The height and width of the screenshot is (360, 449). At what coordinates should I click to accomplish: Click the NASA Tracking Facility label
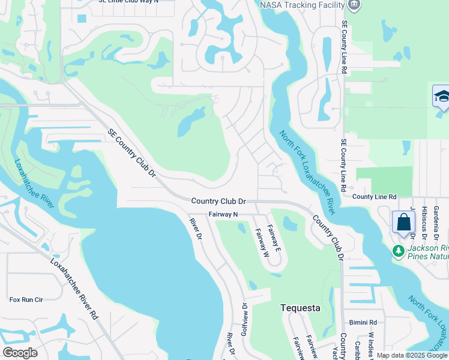(302, 5)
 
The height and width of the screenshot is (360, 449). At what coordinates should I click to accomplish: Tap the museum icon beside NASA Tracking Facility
(354, 5)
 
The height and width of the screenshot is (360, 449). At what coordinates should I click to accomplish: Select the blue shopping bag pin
(403, 222)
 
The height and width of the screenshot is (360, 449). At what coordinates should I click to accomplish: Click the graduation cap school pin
(442, 97)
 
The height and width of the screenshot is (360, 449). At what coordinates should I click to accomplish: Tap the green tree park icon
(399, 251)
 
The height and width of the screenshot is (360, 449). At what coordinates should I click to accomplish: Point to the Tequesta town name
(301, 308)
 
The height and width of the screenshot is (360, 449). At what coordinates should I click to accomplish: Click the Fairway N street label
(223, 214)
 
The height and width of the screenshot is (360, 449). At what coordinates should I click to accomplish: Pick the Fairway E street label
(273, 236)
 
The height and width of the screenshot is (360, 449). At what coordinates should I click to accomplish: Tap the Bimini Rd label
(364, 322)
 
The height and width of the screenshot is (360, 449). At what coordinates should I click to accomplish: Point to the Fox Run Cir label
(26, 299)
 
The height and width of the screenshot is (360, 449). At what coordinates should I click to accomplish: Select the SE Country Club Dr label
(132, 152)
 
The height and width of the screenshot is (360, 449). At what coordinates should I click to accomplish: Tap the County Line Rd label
(375, 196)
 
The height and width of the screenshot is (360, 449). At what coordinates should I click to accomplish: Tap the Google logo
(20, 353)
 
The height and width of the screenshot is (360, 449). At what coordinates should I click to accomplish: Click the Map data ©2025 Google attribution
(412, 355)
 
